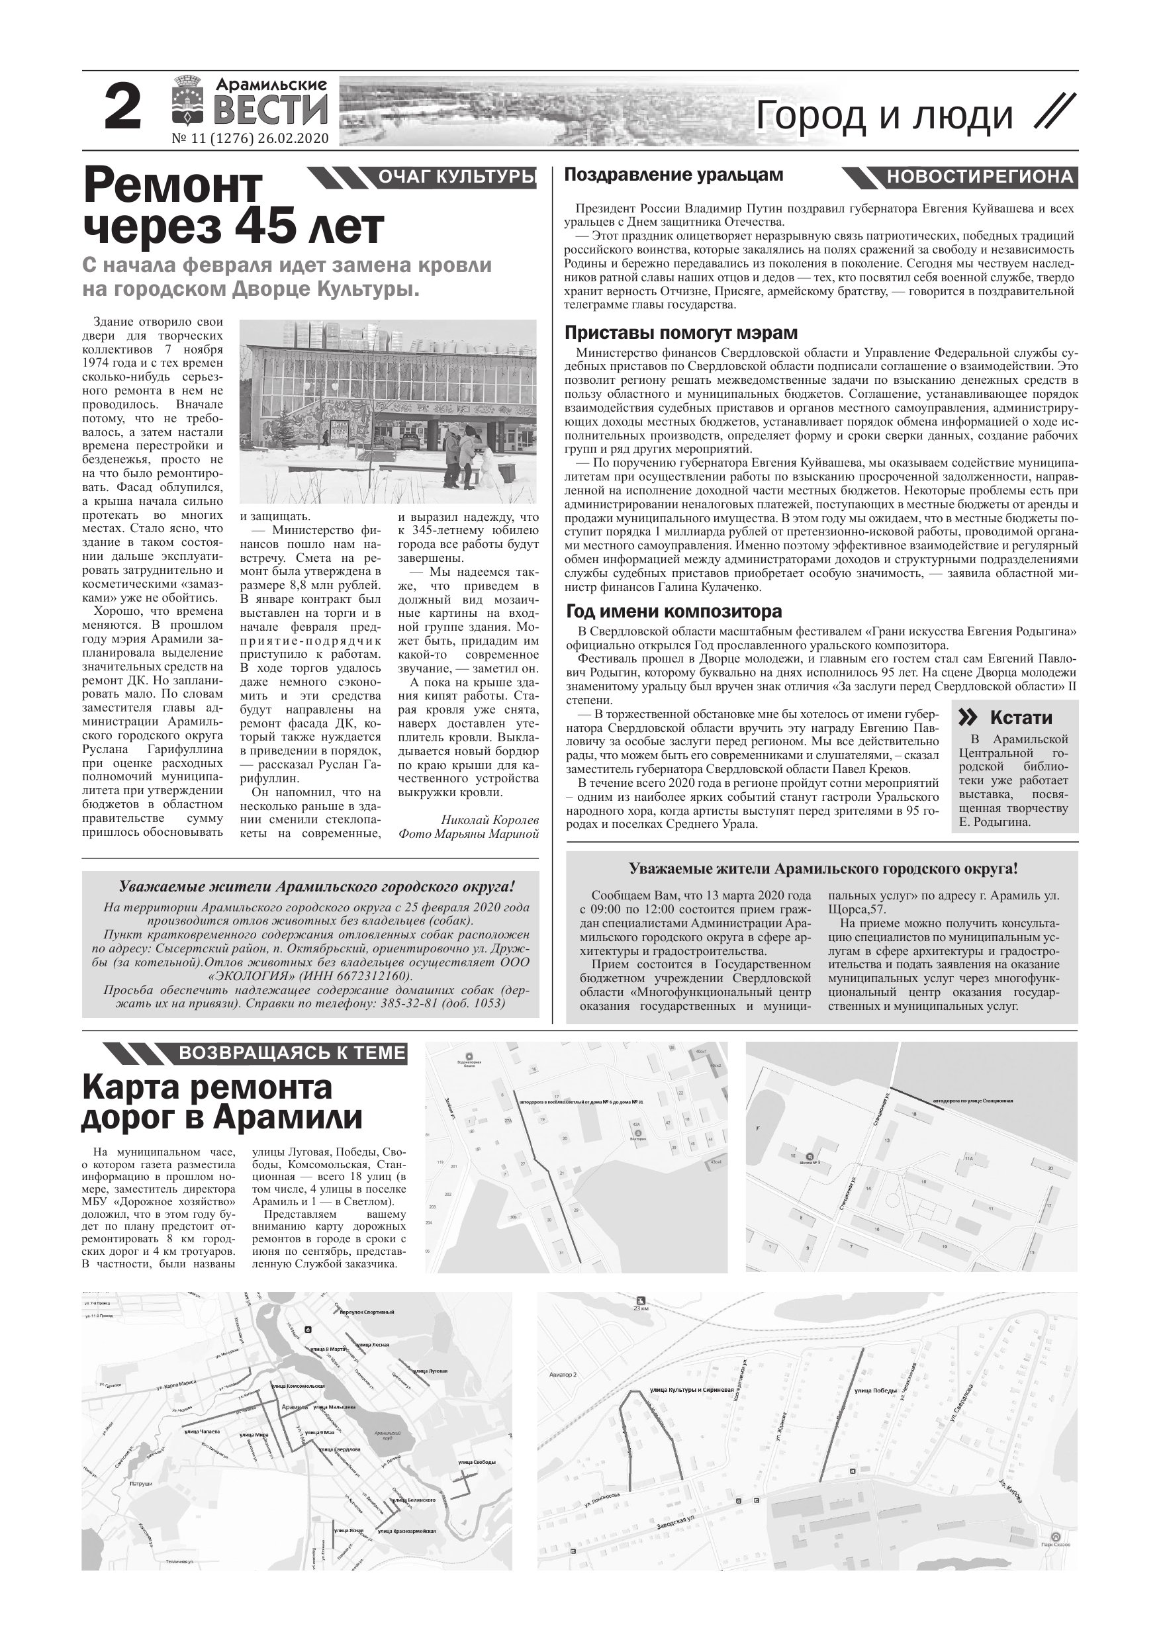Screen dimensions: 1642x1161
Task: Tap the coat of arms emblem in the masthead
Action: coord(187,108)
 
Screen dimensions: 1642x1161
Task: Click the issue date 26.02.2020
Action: coord(300,138)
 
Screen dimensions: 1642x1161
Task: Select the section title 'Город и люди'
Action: coord(884,116)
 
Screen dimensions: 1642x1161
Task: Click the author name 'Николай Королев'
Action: coord(489,819)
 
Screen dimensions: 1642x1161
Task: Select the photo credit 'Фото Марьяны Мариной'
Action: coord(469,833)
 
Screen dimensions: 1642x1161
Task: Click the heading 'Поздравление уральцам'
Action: coord(674,175)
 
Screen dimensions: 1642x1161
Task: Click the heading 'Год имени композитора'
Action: coord(674,612)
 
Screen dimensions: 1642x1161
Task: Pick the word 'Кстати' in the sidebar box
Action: coord(1021,718)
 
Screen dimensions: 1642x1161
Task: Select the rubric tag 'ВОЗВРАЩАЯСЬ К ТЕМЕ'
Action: coord(292,1053)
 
